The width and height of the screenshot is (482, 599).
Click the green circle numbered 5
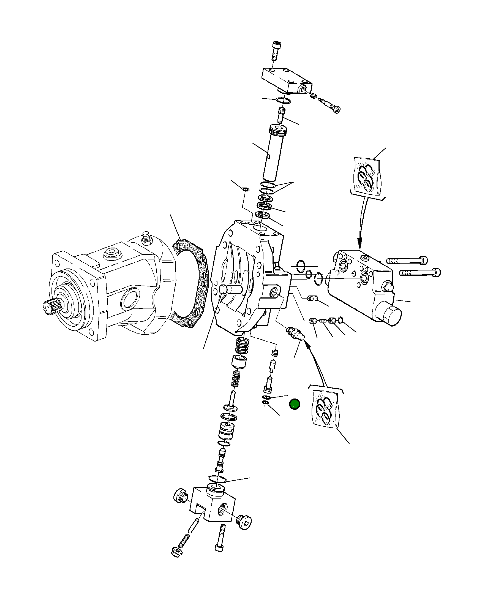click(294, 404)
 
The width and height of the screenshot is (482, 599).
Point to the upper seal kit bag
click(367, 177)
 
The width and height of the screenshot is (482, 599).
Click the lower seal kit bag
click(325, 408)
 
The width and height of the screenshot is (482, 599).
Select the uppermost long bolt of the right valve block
click(407, 261)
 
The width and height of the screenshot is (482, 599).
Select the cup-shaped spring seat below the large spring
click(239, 362)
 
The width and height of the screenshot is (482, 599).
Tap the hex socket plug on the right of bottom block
click(245, 523)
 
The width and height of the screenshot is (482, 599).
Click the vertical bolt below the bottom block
click(220, 537)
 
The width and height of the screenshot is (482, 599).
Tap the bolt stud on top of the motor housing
click(146, 238)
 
